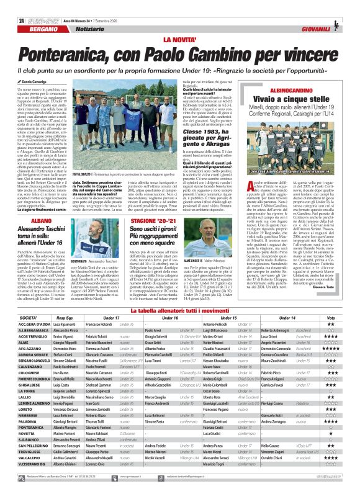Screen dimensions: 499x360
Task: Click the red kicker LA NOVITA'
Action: click(x=180, y=23)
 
